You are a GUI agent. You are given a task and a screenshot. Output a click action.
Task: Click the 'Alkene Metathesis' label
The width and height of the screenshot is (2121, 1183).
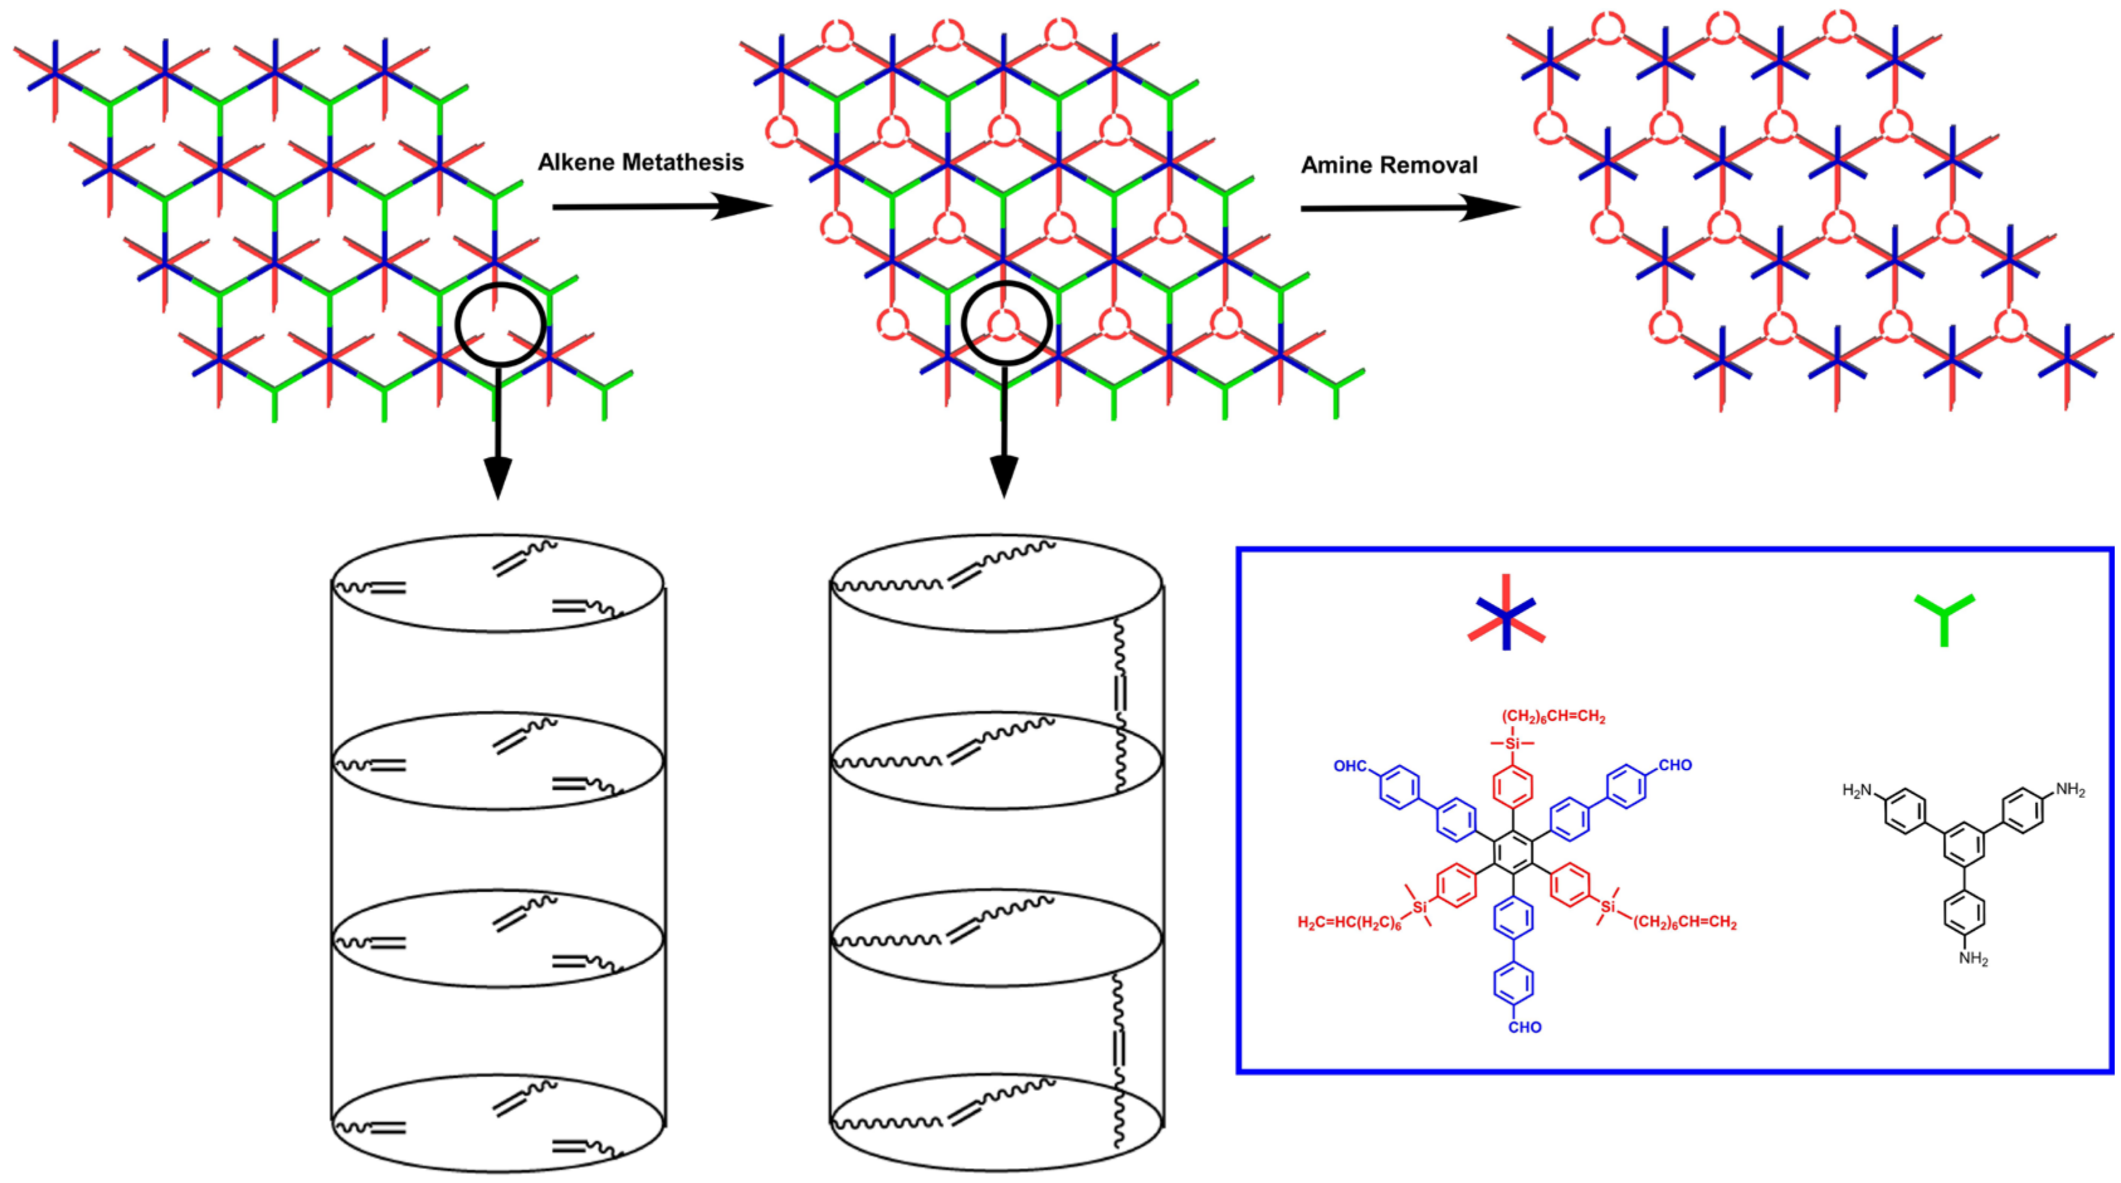tap(640, 162)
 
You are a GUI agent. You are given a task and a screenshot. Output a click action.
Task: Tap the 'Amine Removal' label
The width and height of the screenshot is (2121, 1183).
tap(1389, 165)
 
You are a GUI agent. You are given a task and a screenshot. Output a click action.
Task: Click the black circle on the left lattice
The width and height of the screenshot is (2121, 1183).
tap(501, 323)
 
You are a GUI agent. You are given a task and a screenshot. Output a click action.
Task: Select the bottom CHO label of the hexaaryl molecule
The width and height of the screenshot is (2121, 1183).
tap(1525, 1026)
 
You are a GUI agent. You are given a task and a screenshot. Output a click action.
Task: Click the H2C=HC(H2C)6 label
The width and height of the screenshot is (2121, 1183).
tap(1349, 923)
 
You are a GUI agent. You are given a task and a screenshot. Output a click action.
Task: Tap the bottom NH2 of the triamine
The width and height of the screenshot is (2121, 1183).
tap(1974, 958)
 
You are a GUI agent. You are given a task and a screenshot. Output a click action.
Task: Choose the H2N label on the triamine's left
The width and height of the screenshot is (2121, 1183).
tap(1857, 791)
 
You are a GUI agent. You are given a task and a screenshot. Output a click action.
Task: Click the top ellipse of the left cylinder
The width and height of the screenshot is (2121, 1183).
tap(498, 584)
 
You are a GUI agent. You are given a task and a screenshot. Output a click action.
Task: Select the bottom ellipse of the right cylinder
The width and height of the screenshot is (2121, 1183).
tap(996, 1122)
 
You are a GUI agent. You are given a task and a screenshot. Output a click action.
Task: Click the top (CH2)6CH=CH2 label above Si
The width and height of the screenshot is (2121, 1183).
tap(1553, 717)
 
